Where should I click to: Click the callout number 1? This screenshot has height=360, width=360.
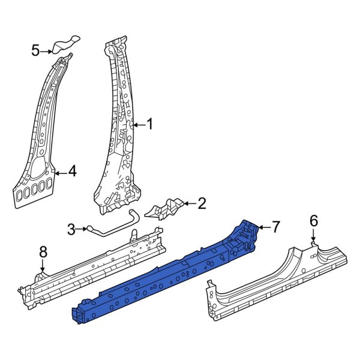pyautogui.click(x=149, y=124)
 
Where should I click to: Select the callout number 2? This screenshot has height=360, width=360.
pyautogui.click(x=201, y=204)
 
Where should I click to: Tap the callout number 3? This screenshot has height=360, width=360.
pyautogui.click(x=71, y=229)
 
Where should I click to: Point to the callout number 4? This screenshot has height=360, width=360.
pyautogui.click(x=72, y=172)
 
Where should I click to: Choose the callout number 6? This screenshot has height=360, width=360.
pyautogui.click(x=313, y=221)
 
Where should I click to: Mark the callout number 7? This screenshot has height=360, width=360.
pyautogui.click(x=275, y=227)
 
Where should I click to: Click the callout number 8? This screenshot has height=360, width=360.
pyautogui.click(x=43, y=253)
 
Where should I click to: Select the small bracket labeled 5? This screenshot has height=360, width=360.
pyautogui.click(x=66, y=44)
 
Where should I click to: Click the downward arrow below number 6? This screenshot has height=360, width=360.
pyautogui.click(x=313, y=236)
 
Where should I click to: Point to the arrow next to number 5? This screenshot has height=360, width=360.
pyautogui.click(x=48, y=50)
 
